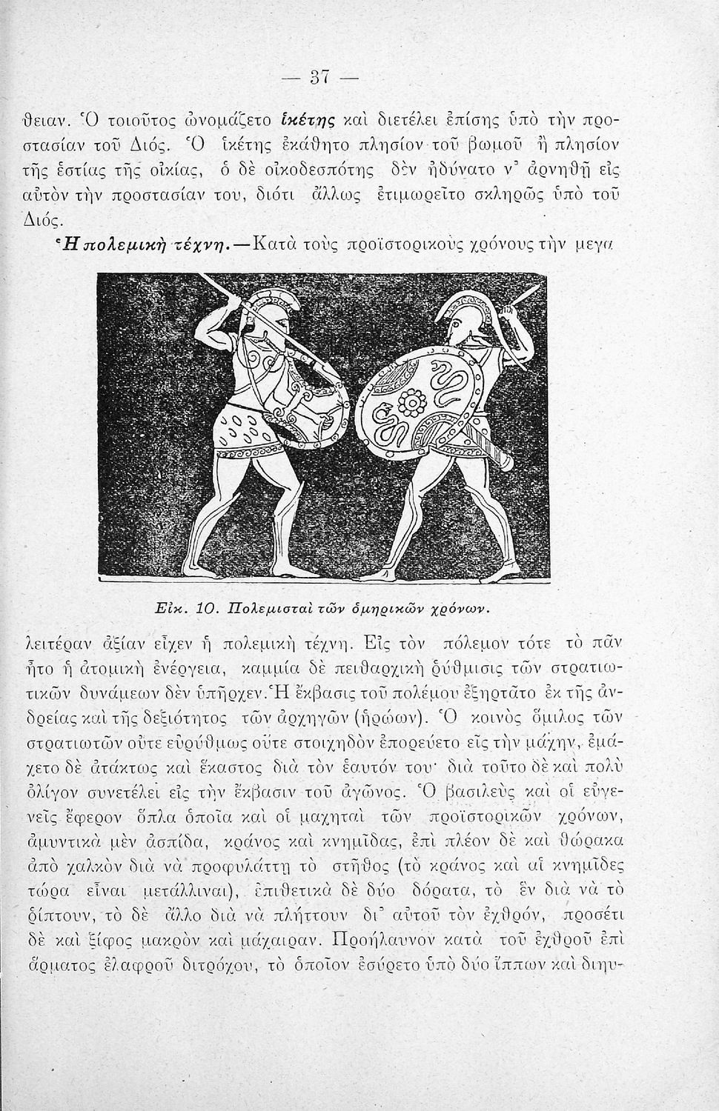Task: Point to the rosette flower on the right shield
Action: coord(409,404)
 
